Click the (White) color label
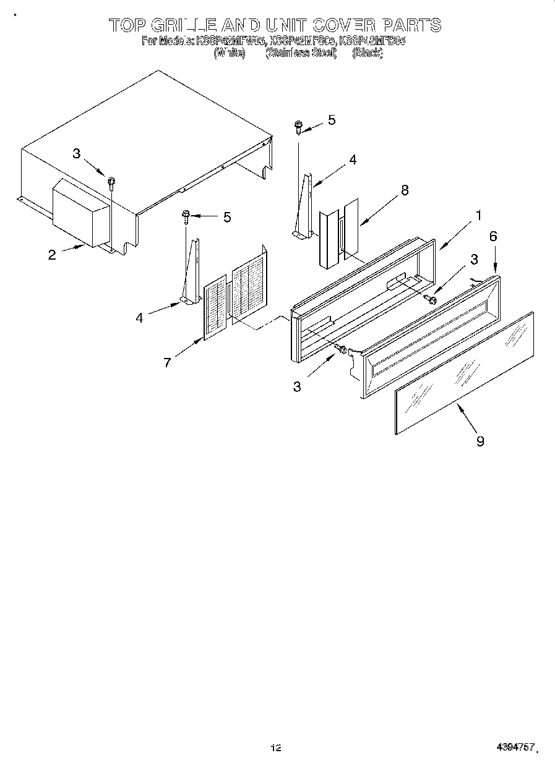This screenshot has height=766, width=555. coord(230,54)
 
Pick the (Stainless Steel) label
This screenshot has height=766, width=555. coord(301,54)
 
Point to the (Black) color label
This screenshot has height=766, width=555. coord(368,54)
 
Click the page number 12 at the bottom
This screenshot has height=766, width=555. coord(276,748)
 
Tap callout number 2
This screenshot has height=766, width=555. coord(52,254)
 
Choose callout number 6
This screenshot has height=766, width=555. coord(493,236)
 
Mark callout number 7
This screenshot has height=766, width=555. coord(167,363)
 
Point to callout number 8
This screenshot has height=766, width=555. coord(405,190)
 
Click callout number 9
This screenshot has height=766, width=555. coord(480,440)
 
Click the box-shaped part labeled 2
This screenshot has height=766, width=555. coord(80,213)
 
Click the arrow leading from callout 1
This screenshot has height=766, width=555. coord(456,236)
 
